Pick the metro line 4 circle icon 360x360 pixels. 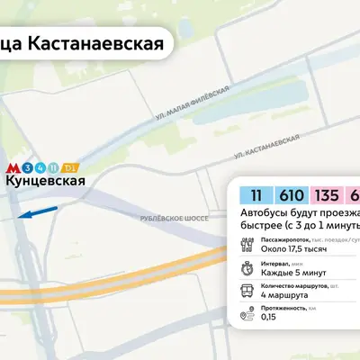40,167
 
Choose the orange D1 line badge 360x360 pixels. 70,167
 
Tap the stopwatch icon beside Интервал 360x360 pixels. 247,267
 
